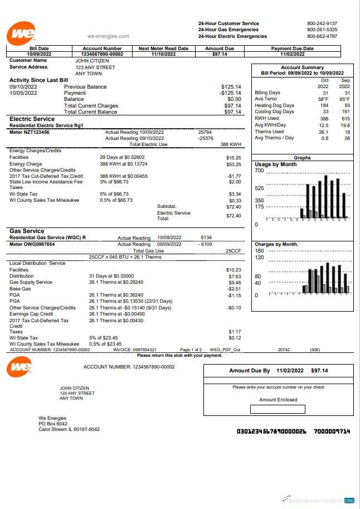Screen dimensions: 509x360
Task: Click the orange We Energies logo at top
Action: click(22, 34)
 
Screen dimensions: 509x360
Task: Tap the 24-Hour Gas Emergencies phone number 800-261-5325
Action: click(322, 30)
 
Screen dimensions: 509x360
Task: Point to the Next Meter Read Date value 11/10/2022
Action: click(164, 54)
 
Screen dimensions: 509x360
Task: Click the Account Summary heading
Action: click(302, 67)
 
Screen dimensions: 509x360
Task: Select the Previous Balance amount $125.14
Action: click(231, 87)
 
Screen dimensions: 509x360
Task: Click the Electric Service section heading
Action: click(32, 119)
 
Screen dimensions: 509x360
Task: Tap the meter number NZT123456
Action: click(36, 132)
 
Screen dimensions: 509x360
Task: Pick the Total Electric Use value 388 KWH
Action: click(231, 144)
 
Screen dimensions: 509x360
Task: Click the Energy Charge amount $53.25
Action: click(233, 164)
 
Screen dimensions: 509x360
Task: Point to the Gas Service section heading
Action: click(27, 231)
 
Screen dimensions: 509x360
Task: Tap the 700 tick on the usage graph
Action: click(259, 171)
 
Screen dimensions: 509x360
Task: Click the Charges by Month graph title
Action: click(276, 244)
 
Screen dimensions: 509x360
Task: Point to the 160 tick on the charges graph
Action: click(259, 251)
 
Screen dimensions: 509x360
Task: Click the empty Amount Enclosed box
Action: click(278, 409)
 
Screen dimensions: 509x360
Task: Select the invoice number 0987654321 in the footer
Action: click(147, 350)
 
